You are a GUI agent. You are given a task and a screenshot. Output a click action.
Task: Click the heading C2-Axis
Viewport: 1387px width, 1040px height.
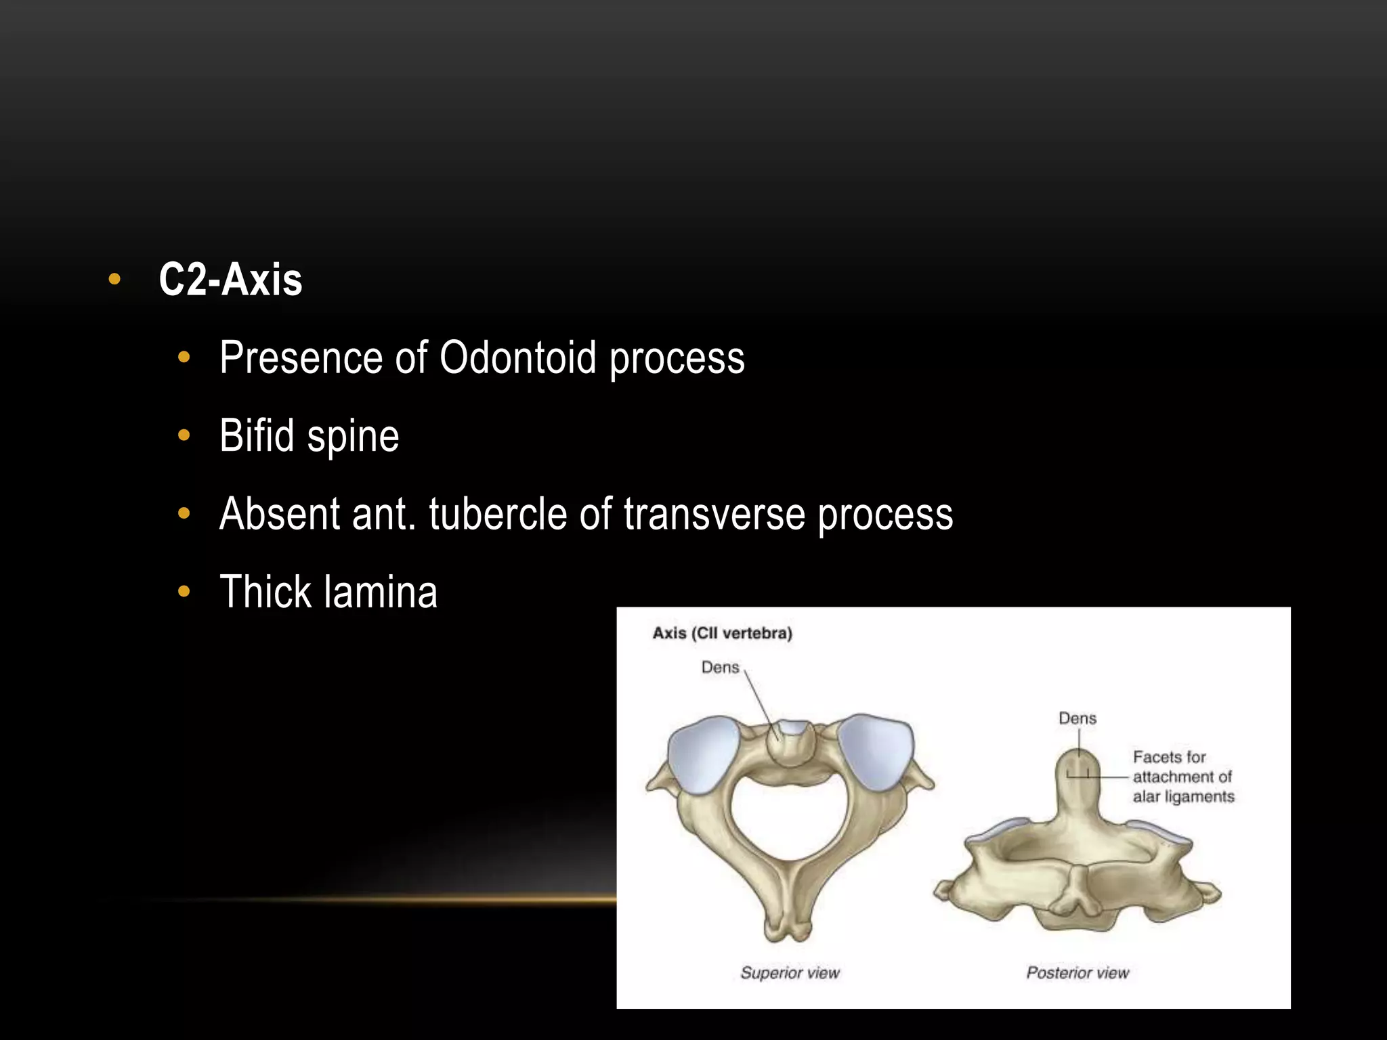point(230,280)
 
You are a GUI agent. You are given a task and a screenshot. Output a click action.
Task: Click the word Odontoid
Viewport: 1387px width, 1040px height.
point(517,357)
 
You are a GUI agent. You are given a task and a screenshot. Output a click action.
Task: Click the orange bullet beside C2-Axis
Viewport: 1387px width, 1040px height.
point(114,279)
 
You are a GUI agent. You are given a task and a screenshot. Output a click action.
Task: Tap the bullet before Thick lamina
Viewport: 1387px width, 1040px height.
point(184,592)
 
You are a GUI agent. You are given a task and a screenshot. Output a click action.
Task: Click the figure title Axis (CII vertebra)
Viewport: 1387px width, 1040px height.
point(722,633)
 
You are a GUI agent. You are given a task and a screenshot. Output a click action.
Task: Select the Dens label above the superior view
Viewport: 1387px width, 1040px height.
point(720,668)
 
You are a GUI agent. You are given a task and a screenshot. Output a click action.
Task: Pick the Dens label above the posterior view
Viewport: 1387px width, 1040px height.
point(1077,718)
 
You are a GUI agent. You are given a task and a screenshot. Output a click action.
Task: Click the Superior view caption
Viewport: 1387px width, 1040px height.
point(790,973)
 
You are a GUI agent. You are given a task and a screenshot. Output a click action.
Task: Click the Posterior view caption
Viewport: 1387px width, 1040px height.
point(1077,973)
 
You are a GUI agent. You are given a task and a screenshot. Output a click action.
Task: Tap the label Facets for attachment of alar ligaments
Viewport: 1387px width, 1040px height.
point(1182,777)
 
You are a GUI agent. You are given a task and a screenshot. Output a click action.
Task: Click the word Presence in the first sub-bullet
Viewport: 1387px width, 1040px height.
point(301,357)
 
